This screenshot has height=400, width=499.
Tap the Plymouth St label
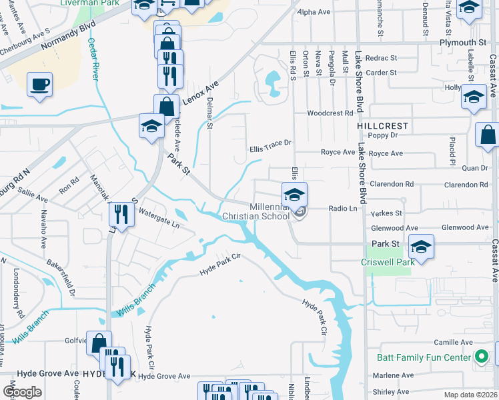(x=463, y=43)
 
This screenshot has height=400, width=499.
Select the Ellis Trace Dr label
(x=271, y=143)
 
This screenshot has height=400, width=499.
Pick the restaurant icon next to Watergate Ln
(x=121, y=214)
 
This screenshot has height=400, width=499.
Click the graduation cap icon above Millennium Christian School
(x=294, y=195)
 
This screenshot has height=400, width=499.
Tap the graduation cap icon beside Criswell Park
(x=420, y=247)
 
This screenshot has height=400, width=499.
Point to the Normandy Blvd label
(x=68, y=43)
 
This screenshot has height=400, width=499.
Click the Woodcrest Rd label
(x=330, y=113)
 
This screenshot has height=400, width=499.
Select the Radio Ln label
(x=343, y=208)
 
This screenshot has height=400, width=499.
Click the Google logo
(x=22, y=392)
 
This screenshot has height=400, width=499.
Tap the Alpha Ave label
(x=315, y=12)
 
